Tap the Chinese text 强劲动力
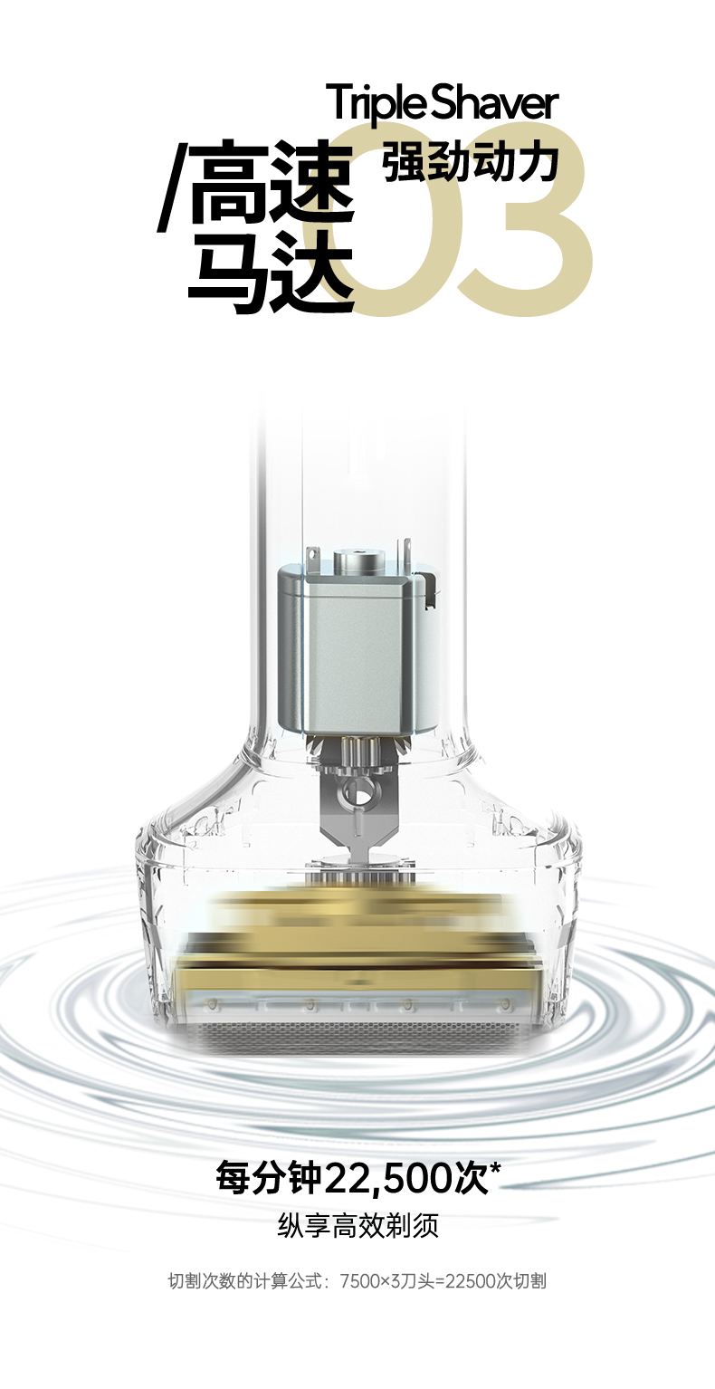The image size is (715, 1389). pos(471,162)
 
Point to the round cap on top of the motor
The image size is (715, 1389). pos(357,561)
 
